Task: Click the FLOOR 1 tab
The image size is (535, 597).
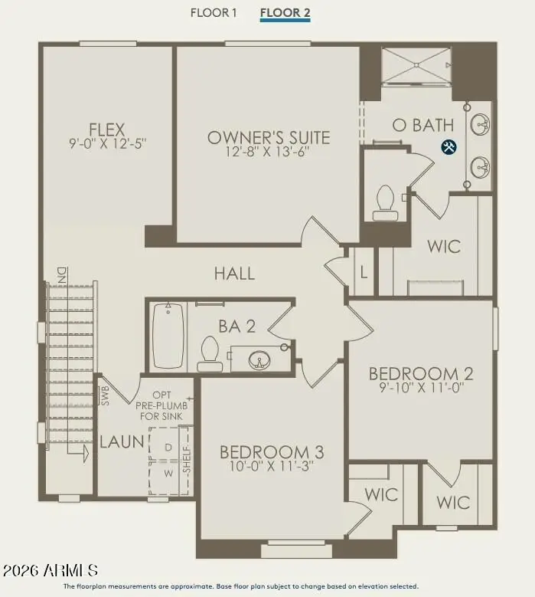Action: coord(214,12)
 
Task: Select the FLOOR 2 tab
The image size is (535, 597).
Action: coord(285,12)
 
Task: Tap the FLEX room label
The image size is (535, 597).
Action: coord(107,130)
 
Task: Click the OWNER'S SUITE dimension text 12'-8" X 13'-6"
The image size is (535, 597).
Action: coord(268,152)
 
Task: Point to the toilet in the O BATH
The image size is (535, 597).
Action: coord(385,203)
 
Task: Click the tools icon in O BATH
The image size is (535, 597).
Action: coord(449,146)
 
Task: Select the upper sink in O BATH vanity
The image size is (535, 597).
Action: coord(480,123)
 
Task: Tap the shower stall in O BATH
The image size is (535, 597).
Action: coord(416,65)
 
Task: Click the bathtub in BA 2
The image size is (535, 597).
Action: coord(168,336)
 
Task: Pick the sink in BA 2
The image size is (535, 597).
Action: coord(259,359)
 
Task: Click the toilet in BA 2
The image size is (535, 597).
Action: coord(210,354)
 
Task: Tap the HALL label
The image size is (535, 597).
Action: coord(234,274)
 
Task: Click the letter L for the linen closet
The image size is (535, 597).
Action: coord(364,273)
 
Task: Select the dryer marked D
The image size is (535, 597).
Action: coord(168,448)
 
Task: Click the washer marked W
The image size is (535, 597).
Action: coord(168,474)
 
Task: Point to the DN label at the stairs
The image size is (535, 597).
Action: coord(61,275)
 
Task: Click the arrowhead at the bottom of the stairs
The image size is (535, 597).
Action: coord(86,454)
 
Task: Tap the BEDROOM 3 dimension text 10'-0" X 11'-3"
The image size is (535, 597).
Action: coord(272,466)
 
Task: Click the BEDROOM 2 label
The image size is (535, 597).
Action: coord(421,374)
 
